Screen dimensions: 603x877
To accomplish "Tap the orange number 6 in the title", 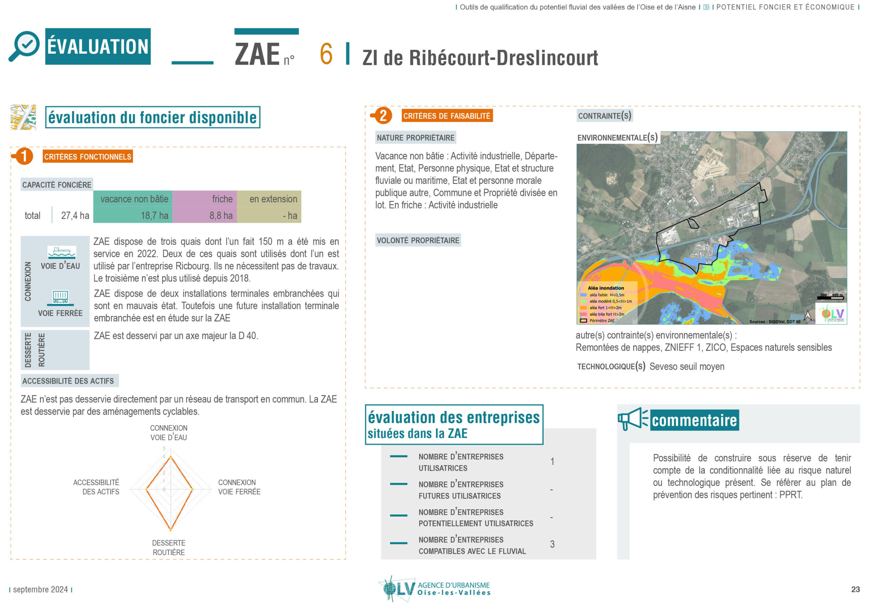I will (x=326, y=54).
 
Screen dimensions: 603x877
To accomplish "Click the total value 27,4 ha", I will (x=75, y=216).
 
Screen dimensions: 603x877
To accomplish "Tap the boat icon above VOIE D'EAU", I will (x=62, y=252).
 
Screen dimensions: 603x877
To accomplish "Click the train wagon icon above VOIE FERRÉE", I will (x=61, y=297).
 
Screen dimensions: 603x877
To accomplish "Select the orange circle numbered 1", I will (x=24, y=156).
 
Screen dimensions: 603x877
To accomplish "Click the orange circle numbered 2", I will (x=383, y=116).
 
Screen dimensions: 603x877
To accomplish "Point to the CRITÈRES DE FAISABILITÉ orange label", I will (x=447, y=116).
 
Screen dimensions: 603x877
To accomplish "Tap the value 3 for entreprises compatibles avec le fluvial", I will (x=552, y=544).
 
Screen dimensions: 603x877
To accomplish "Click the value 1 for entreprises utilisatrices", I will (x=552, y=462).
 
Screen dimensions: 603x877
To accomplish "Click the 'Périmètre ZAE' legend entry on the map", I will (x=601, y=321).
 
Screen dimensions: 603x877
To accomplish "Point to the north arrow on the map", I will (x=807, y=316).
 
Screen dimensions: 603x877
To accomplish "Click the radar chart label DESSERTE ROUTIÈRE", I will (x=169, y=548).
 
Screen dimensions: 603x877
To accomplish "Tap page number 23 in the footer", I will (x=855, y=589).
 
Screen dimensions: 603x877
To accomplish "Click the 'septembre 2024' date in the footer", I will (x=40, y=589).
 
